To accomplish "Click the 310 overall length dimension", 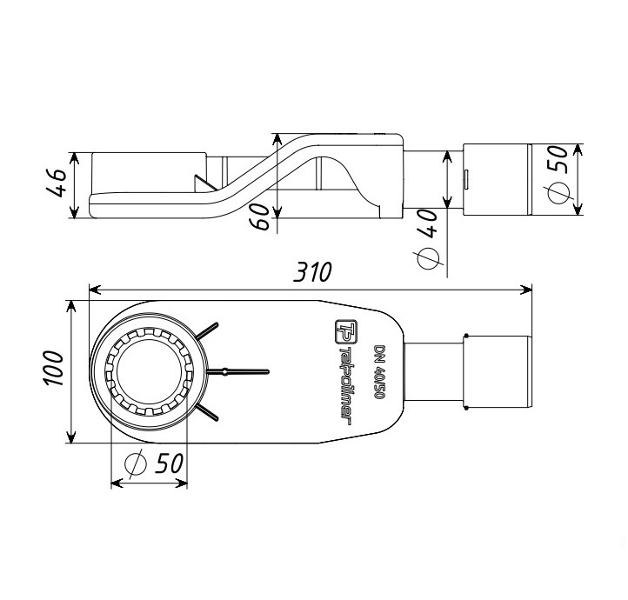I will tap(312, 272).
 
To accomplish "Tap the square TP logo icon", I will tap(344, 331).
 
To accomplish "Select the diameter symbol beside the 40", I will tap(428, 257).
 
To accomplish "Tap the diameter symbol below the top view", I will tap(135, 464).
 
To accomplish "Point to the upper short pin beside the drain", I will tap(209, 331).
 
